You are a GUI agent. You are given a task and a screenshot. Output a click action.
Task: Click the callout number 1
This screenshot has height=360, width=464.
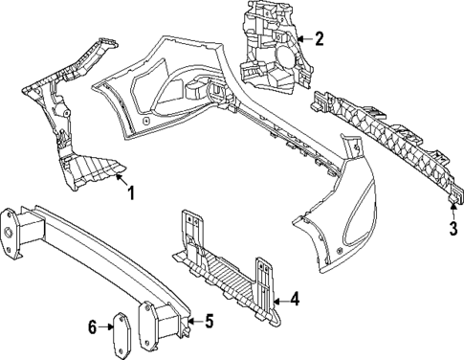(131, 192)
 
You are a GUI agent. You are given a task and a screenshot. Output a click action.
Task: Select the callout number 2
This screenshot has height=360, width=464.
(319, 39)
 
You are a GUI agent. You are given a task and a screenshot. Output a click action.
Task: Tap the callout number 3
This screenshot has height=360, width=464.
(453, 230)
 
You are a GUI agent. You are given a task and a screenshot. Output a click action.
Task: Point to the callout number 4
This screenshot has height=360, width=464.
(295, 300)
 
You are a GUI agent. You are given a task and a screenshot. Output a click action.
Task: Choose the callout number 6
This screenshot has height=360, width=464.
(93, 327)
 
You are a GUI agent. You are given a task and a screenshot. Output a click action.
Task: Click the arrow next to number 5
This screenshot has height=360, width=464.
(192, 321)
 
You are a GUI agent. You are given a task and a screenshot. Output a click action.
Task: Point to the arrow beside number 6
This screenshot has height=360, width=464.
(107, 327)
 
